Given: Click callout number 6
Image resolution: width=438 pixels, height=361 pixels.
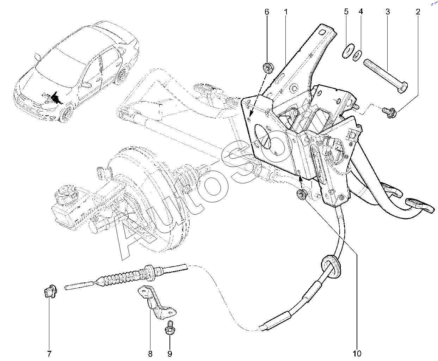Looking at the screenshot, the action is coord(267,12).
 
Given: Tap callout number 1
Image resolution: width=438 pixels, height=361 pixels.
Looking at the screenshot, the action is coord(286,12).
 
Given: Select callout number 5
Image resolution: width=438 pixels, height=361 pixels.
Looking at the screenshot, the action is coord(346,12).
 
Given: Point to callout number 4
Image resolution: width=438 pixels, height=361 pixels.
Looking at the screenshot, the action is coord(360,12).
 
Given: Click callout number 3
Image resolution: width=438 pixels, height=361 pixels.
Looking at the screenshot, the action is coord(388,12).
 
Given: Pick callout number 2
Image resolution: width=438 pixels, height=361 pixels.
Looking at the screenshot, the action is coord(418,12).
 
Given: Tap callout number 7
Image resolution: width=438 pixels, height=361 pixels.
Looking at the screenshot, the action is coord(49,354).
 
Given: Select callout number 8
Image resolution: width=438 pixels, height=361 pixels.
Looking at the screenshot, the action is coord(150,354).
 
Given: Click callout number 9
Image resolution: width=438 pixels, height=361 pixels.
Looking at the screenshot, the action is coord(170,354).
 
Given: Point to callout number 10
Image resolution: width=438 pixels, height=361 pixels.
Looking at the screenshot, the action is coord(357,354).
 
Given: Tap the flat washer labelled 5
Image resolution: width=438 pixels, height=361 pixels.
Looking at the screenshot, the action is coord(348,51).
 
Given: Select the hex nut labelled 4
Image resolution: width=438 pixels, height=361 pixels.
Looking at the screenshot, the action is coord(357,55).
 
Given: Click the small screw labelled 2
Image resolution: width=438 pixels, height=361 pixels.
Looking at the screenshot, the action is coord(389,112).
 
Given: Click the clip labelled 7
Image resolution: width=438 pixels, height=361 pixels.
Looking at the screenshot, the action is coord(50,291).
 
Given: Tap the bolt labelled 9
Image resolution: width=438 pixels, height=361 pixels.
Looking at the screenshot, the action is coord(170,328).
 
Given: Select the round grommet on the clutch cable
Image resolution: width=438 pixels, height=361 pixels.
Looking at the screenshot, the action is coord(331,267).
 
